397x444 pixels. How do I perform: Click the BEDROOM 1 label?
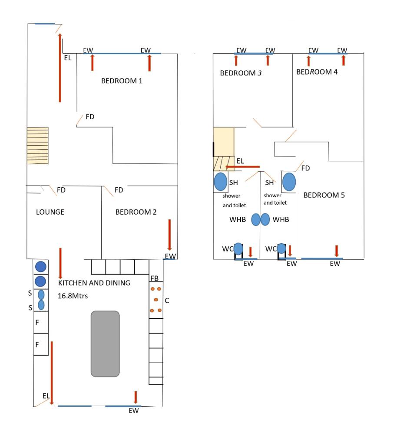122,81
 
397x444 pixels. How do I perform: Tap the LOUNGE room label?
50,212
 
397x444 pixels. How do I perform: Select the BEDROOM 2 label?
136,212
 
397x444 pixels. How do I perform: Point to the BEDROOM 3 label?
241,73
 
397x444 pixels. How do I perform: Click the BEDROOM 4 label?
317,72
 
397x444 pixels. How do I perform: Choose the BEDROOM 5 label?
324,195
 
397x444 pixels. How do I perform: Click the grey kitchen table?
105,344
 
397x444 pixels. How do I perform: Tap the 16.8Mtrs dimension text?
73,296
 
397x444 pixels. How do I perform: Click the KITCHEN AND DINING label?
94,283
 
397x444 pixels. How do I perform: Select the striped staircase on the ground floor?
38,146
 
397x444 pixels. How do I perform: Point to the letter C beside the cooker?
167,300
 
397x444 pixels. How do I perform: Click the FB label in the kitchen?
155,278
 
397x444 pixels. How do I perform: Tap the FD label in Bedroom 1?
90,117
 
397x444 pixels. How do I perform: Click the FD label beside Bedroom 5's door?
305,168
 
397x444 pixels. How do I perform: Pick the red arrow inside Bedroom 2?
169,235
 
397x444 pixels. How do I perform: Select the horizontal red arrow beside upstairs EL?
243,167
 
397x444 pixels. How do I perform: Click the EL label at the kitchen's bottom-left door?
46,396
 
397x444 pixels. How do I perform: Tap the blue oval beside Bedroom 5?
289,182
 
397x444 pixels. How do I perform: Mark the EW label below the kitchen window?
133,411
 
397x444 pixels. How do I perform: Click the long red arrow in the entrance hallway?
60,68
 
